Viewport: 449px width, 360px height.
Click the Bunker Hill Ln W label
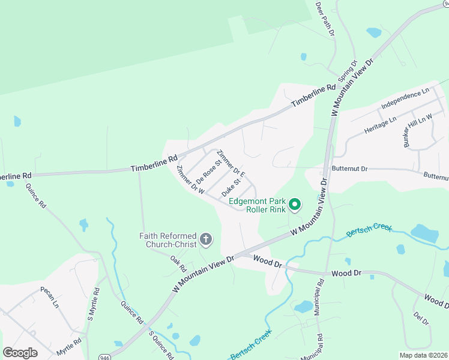tap(418, 130)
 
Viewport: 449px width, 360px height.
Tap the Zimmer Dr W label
tap(191, 179)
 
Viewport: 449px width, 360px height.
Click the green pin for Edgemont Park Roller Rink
tap(295, 205)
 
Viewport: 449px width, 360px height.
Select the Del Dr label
tap(421, 319)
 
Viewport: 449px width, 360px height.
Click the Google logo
tap(20, 353)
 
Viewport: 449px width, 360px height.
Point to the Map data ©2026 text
tap(423, 355)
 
